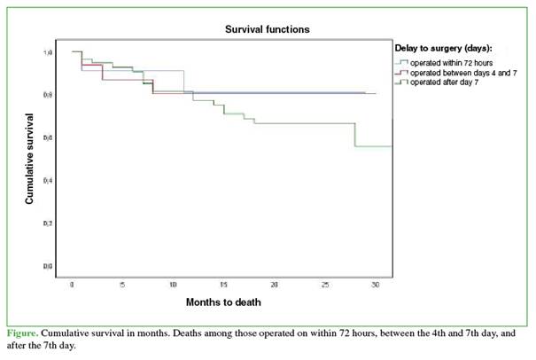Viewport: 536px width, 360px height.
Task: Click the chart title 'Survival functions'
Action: [267, 28]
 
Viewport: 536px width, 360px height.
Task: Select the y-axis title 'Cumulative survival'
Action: [29, 159]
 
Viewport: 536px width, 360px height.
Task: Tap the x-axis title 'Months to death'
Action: [223, 302]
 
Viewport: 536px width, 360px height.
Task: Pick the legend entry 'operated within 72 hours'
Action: [448, 63]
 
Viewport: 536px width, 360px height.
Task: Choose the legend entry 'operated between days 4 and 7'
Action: [456, 73]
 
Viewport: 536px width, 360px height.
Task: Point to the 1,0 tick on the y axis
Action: [49, 52]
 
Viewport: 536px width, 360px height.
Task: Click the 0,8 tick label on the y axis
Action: [49, 95]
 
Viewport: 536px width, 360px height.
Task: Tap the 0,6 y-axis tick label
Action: [49, 137]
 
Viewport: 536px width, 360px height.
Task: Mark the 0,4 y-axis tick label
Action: [49, 180]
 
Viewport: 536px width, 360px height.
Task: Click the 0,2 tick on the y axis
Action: [49, 223]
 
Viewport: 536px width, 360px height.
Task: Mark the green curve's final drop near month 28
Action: [355, 135]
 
